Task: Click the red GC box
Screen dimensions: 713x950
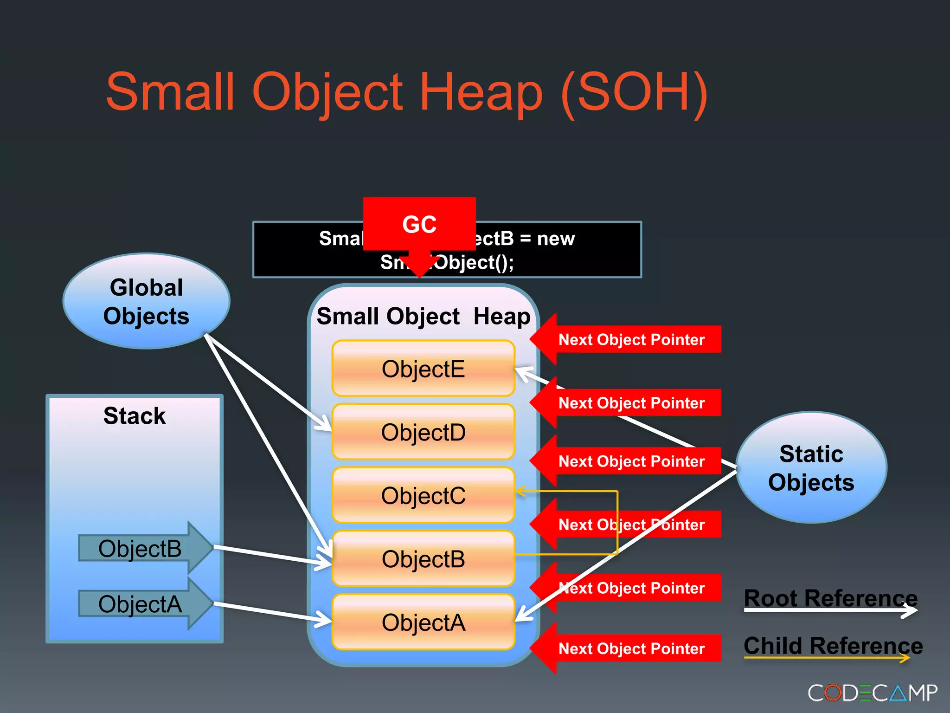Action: coord(419,224)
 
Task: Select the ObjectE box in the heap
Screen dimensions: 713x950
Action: coord(423,369)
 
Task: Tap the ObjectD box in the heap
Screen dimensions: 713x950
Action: coord(423,432)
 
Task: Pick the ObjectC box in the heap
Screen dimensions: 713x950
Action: coord(423,495)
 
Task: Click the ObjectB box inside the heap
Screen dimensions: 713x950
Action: coord(423,559)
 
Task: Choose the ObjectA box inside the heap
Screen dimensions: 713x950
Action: coord(423,622)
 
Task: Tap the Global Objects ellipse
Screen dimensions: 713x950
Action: coord(146,302)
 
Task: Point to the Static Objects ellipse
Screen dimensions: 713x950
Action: coord(811,468)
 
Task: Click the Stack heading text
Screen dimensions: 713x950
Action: coord(135,416)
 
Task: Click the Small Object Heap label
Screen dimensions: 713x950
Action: coord(423,317)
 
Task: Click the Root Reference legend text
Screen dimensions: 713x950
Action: coord(830,598)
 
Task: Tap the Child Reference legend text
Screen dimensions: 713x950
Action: coord(833,646)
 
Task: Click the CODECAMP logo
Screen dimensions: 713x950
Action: coord(872,693)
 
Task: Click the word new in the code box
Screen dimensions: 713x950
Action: coord(556,239)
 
